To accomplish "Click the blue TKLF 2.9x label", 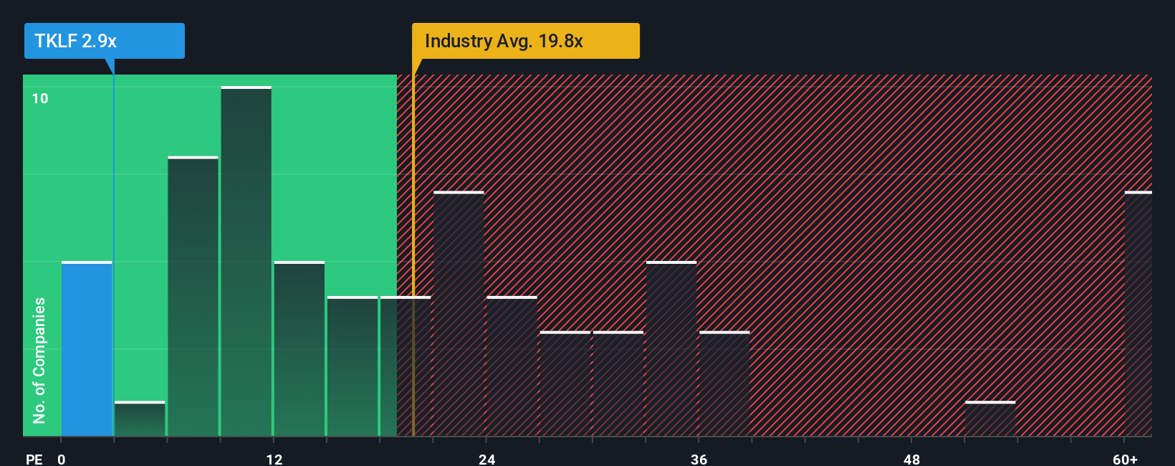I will pos(104,41).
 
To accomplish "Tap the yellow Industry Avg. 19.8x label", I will pos(525,41).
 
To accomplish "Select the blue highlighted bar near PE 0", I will pos(87,349).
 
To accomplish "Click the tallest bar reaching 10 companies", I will pos(246,262).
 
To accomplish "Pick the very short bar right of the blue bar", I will pos(140,419).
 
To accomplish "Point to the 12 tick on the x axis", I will pos(274,459).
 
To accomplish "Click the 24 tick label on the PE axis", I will pos(486,459).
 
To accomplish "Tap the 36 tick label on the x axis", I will pos(699,459).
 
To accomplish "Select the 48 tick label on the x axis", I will pos(911,459).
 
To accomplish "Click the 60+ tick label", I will pos(1125,459).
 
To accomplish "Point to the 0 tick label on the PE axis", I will pos(62,459).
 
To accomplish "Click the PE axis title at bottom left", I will pos(34,459).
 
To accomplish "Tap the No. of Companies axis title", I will pos(39,360).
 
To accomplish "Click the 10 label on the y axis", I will pos(40,98).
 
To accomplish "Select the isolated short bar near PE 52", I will pos(989,419).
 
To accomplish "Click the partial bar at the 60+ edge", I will pos(1138,314).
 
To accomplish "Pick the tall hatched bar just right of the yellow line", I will pos(459,314).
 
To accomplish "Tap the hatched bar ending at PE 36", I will pos(671,349).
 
